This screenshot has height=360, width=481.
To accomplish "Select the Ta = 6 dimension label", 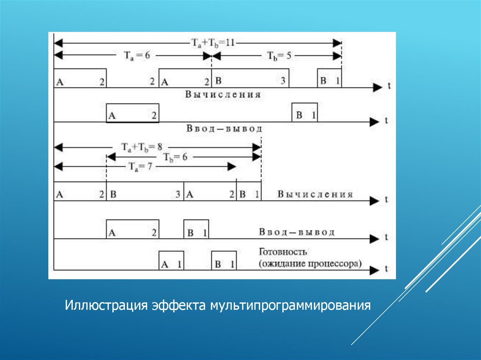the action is coord(137,55).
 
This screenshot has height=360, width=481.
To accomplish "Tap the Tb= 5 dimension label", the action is coord(280,55).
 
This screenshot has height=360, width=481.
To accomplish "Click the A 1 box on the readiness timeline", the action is coord(171,260).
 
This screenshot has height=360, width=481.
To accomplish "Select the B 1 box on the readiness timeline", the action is coord(224,260).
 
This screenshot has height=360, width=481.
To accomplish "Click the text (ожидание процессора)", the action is coord(310,263).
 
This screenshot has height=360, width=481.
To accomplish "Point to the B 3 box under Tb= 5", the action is coord(250,78).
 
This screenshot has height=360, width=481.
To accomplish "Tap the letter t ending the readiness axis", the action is coord(386,269).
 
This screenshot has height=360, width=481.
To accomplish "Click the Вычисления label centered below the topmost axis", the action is coord(223,94).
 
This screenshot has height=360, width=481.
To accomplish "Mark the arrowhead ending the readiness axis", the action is coord(374,269).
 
